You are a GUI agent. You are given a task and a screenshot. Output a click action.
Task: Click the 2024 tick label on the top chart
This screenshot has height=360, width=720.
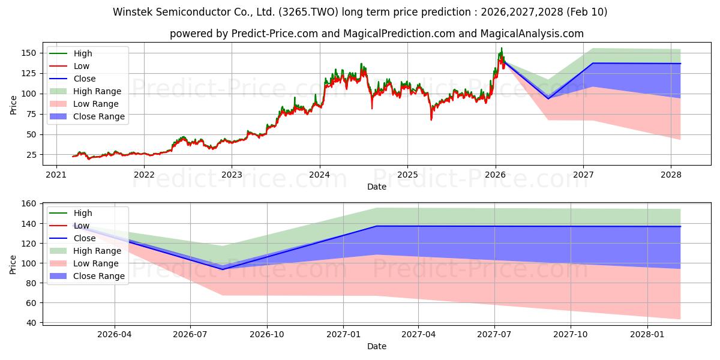coord(319,175)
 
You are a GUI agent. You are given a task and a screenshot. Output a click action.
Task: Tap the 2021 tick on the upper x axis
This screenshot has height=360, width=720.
coord(56,175)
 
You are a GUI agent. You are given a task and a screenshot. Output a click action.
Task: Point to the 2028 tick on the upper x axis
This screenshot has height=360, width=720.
coord(671,175)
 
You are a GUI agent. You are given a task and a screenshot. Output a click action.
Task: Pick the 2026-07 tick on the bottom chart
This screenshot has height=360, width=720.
coord(190,335)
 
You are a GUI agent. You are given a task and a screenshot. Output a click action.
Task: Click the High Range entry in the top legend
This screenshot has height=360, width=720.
coord(97,91)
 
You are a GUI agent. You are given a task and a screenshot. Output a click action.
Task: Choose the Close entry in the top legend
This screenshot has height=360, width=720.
coord(85,79)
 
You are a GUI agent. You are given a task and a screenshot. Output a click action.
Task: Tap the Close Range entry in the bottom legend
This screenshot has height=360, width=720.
coord(99,276)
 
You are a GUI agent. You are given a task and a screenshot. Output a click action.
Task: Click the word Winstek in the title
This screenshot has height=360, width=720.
coord(131,12)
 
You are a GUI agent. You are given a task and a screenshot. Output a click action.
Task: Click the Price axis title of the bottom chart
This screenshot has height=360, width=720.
coord(13,264)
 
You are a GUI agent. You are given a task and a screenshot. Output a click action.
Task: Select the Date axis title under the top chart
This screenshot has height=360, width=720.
coord(376,187)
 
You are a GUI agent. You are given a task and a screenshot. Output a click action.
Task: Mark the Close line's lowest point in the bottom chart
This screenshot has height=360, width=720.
coord(223,269)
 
